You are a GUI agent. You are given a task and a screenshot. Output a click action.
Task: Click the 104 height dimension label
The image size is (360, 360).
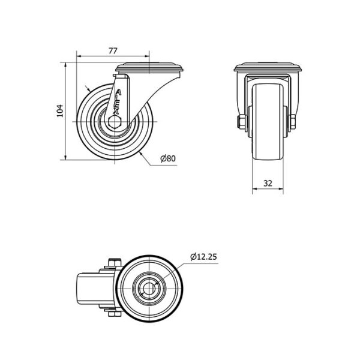[x=59, y=112]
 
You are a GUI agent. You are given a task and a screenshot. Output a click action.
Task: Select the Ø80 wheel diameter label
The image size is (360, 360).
[x=167, y=158]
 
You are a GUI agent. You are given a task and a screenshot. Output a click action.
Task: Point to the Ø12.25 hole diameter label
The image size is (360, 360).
[x=202, y=257]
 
